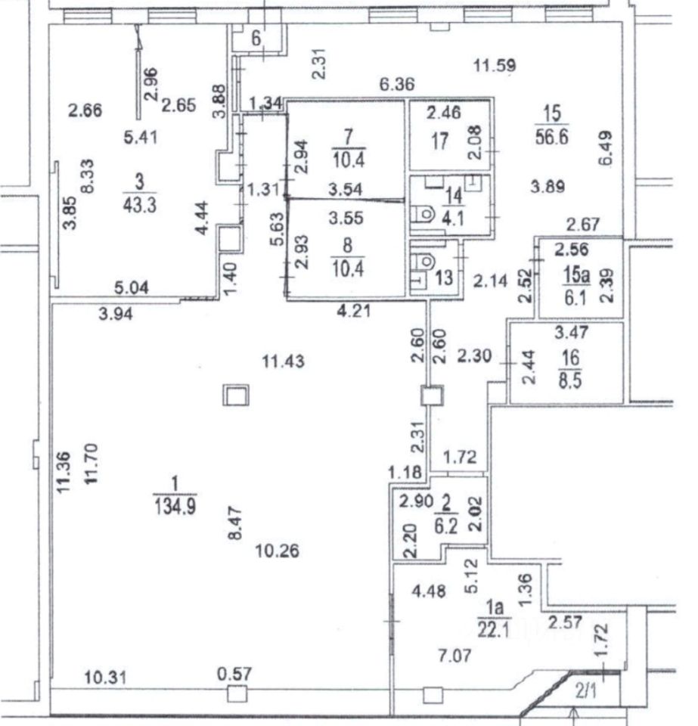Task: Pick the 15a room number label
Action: (571, 273)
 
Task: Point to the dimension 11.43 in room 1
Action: (284, 362)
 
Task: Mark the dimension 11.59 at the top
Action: (495, 66)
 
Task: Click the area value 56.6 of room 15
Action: (552, 136)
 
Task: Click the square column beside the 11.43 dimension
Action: (235, 394)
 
